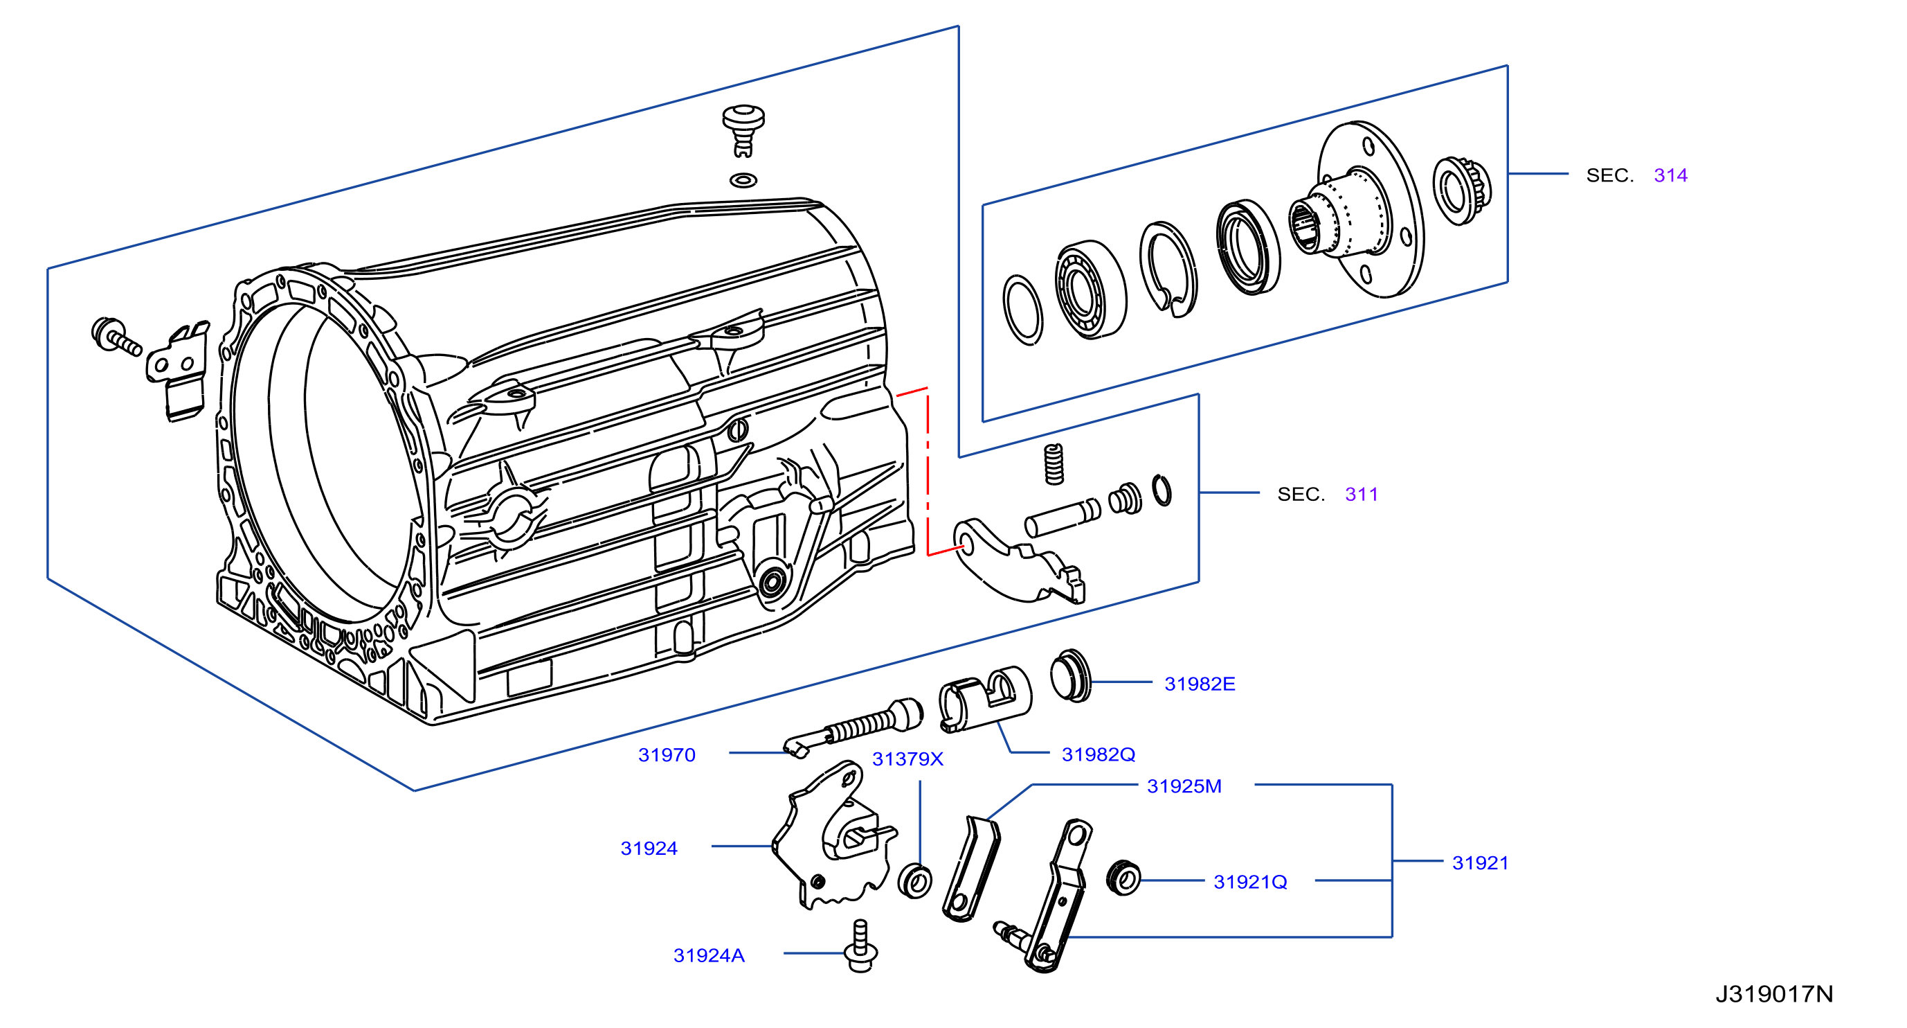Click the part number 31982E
coord(1200,684)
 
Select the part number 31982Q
coord(1098,754)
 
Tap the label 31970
coord(667,754)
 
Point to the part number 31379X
coord(907,759)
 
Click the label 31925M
coord(1184,786)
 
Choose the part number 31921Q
coord(1250,881)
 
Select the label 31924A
coord(708,955)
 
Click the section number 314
coord(1670,175)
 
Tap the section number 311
coord(1362,494)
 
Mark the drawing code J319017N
coord(1773,994)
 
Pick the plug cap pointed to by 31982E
coord(1070,675)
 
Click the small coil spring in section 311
coord(1054,464)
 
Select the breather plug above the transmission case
coord(743,130)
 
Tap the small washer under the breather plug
coord(743,180)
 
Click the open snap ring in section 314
coord(1168,269)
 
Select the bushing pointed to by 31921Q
coord(1123,878)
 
